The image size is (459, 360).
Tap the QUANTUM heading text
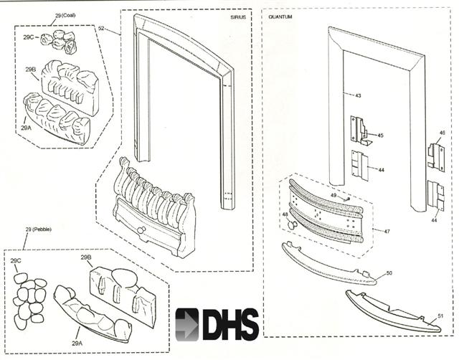(280, 16)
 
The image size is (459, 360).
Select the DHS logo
(217, 323)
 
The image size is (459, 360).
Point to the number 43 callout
(358, 95)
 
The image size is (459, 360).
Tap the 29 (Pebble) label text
(37, 229)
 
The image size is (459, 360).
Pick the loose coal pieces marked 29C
(62, 42)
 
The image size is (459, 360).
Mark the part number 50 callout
(389, 273)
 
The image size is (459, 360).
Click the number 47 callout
(387, 231)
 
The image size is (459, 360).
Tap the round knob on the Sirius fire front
(141, 229)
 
